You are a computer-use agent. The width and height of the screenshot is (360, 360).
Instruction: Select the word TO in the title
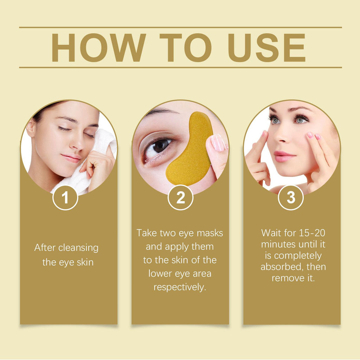(x=185, y=47)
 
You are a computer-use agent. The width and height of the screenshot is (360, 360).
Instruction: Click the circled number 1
(x=65, y=198)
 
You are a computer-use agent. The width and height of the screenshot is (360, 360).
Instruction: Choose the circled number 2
(x=180, y=198)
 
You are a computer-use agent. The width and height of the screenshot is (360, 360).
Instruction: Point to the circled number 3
(x=291, y=198)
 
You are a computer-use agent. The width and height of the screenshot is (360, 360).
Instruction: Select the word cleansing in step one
(x=78, y=248)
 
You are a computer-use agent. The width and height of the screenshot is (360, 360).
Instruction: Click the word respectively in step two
(x=180, y=287)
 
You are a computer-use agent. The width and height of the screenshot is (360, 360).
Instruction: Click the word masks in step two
(x=210, y=233)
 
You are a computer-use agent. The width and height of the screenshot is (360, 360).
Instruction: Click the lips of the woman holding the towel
(x=71, y=158)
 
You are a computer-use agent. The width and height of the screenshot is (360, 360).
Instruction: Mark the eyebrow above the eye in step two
(x=162, y=112)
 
